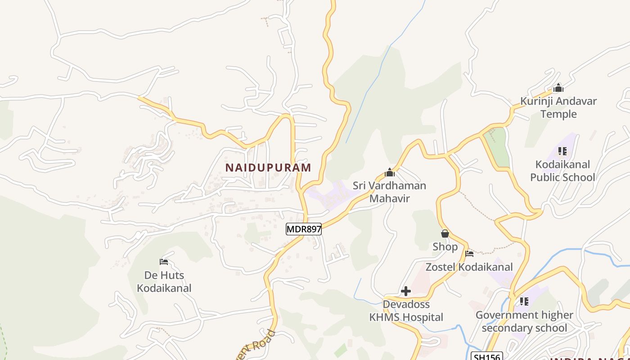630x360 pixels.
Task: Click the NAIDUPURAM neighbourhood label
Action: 268,168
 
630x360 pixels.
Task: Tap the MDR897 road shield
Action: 304,229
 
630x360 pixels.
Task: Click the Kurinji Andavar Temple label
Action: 558,108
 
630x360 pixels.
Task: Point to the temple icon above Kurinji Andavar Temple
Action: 558,88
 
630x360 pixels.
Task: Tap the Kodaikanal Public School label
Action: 562,171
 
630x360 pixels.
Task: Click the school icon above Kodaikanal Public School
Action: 562,151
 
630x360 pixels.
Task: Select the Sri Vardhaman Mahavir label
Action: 389,192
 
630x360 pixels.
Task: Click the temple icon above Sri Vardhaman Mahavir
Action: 390,173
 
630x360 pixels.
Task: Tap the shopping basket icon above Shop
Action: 445,234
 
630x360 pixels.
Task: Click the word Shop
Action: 445,247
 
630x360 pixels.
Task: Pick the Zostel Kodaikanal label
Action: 469,267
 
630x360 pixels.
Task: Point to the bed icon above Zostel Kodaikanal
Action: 469,254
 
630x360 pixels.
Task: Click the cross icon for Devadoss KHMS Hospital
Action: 406,291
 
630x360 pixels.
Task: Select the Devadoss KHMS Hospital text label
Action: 406,311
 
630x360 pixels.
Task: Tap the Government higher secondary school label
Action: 524,321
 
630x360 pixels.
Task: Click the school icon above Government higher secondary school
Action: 524,301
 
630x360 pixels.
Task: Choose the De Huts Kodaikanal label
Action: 164,282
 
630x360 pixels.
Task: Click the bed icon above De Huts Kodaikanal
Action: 164,262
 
